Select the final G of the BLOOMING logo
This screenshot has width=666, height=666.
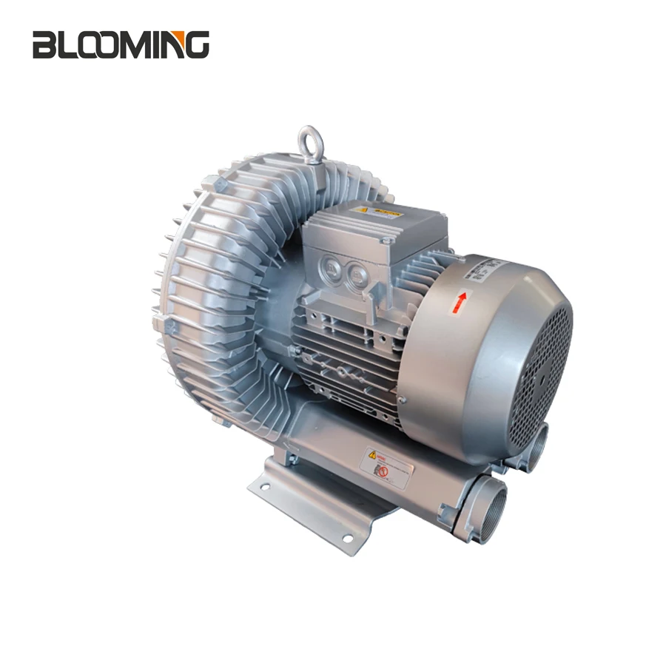(x=196, y=45)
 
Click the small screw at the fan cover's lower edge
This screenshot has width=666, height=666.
(x=400, y=400)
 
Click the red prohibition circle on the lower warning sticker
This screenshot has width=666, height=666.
(x=382, y=471)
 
